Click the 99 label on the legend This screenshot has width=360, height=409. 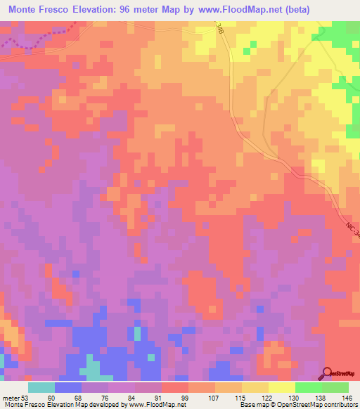point(184,398)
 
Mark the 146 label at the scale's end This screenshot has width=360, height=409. point(347,398)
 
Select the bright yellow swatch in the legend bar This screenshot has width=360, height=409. point(281,387)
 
